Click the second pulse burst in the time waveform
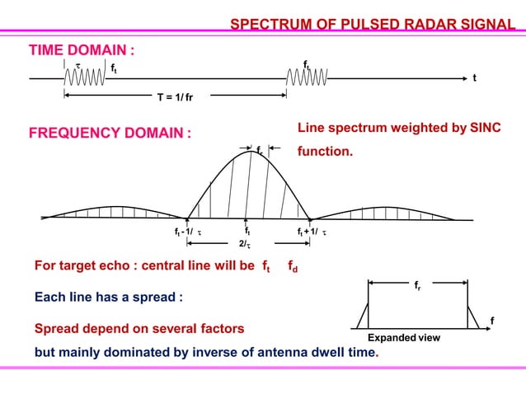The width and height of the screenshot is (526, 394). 308,79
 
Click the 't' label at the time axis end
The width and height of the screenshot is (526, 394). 474,80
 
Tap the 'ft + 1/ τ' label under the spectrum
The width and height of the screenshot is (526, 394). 312,233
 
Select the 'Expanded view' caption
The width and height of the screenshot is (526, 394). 404,338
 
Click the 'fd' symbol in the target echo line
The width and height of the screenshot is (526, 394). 293,267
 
